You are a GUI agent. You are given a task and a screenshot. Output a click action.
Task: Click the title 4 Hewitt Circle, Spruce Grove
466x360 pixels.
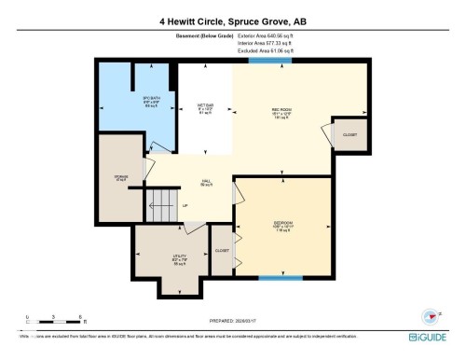tap(232, 20)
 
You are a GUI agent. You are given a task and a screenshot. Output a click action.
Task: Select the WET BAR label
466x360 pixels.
tap(205, 108)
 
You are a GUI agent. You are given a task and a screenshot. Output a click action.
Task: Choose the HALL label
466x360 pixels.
tap(206, 183)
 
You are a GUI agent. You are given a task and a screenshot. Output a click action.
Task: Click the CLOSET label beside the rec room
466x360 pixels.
tap(349, 135)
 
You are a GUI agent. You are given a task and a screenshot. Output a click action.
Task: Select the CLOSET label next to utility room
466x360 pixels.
tap(222, 251)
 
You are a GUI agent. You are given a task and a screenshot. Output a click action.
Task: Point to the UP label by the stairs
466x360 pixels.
tap(185, 206)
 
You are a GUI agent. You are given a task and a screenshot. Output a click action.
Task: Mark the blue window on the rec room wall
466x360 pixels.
tap(279, 61)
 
